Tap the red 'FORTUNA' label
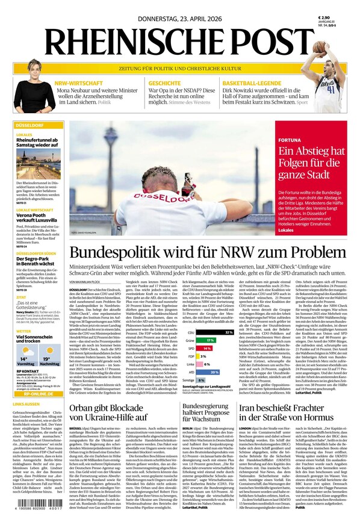[290, 140]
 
